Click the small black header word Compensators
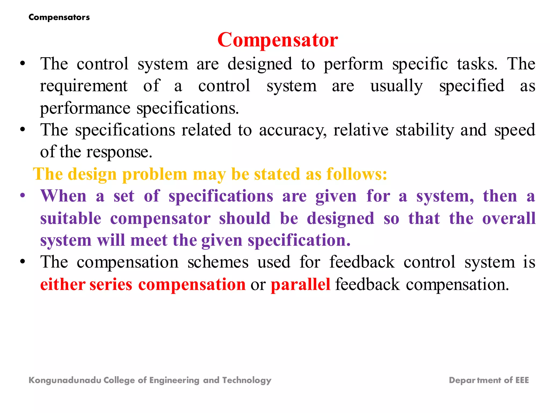click(59, 17)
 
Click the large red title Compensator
click(278, 40)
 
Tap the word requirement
click(84, 86)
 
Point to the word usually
click(397, 86)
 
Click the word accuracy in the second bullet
click(293, 130)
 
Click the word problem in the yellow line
click(155, 174)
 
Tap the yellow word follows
click(357, 174)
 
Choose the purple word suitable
click(71, 218)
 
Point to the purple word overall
click(509, 218)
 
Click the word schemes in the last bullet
click(218, 262)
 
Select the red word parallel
click(301, 284)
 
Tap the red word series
click(111, 284)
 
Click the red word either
click(63, 284)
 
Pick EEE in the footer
click(522, 380)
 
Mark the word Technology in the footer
click(247, 380)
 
